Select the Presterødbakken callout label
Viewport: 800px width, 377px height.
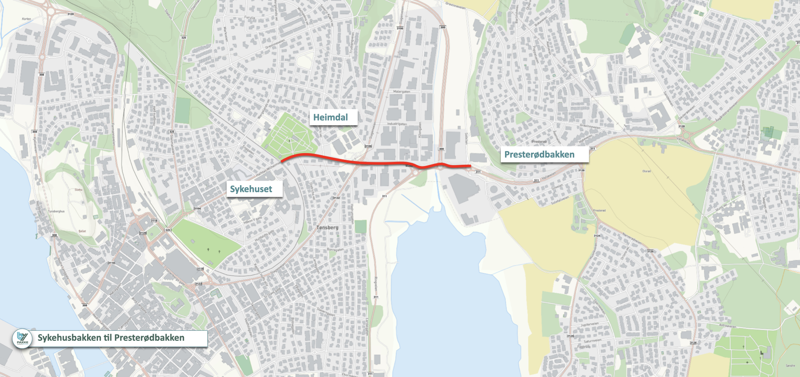[x=539, y=154]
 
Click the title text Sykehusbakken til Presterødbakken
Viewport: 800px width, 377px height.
[x=111, y=337]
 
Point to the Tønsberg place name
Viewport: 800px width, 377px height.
[x=327, y=228]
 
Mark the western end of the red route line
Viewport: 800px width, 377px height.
[x=282, y=161]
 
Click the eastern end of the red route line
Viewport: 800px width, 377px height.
[x=470, y=166]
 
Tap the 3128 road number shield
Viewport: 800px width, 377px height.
[x=681, y=126]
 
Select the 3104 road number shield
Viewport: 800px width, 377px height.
[x=197, y=208]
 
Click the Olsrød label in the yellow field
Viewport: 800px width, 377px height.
[x=646, y=171]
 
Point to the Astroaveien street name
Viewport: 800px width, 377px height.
[x=727, y=326]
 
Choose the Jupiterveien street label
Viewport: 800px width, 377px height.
[x=589, y=324]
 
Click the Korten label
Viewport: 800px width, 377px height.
[x=26, y=19]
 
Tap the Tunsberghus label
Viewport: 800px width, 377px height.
[x=56, y=211]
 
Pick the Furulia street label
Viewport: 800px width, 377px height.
[x=250, y=18]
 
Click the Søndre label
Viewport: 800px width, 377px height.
[x=790, y=365]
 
